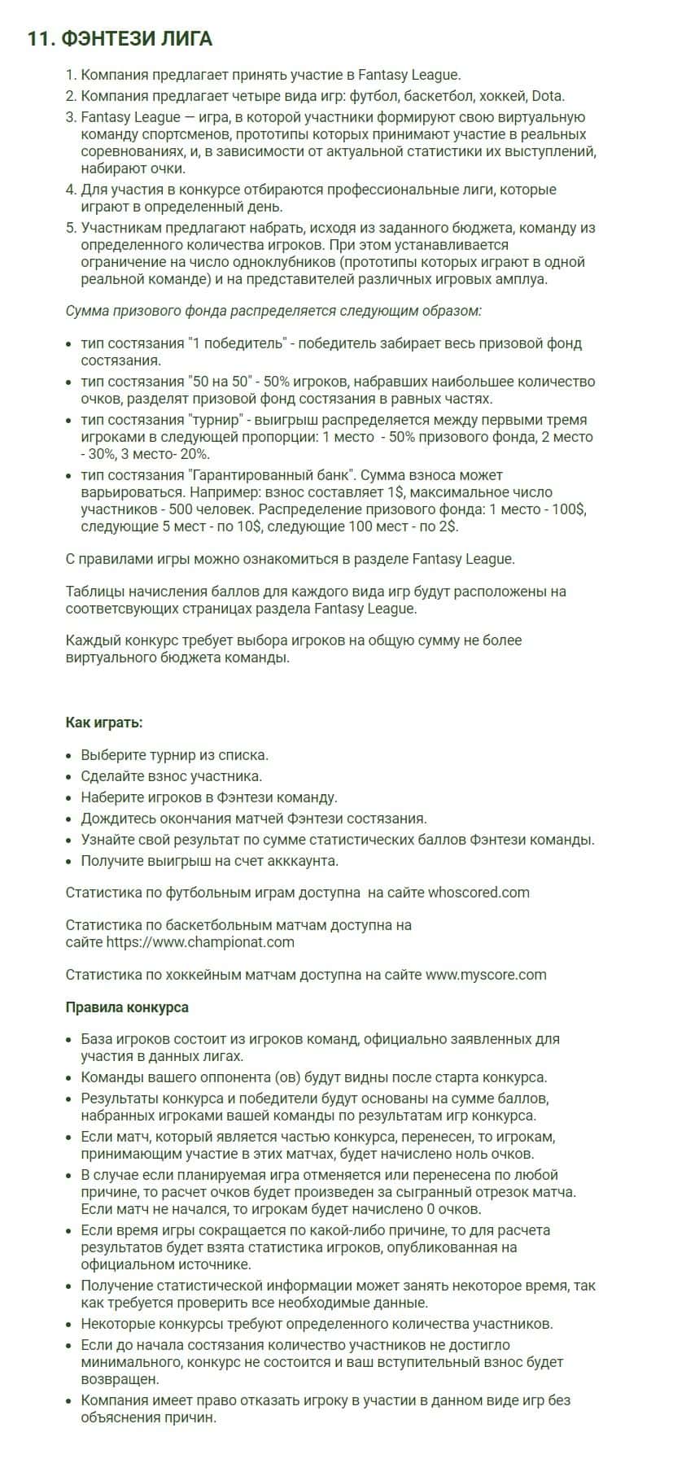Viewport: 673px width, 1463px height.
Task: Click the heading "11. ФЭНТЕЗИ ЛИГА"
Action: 120,38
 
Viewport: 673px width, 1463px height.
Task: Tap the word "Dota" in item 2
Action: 548,96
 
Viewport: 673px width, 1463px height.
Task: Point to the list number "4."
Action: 71,190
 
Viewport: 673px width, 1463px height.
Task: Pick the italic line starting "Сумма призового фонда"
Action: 273,311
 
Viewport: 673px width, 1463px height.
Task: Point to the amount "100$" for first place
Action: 567,509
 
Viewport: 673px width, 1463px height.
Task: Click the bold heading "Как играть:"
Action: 103,723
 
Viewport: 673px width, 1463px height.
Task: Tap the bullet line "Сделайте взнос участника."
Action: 171,776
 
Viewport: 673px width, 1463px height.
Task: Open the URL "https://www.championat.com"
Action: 189,942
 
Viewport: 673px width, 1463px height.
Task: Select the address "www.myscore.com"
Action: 486,975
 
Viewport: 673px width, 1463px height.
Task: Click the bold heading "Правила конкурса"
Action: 127,1007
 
